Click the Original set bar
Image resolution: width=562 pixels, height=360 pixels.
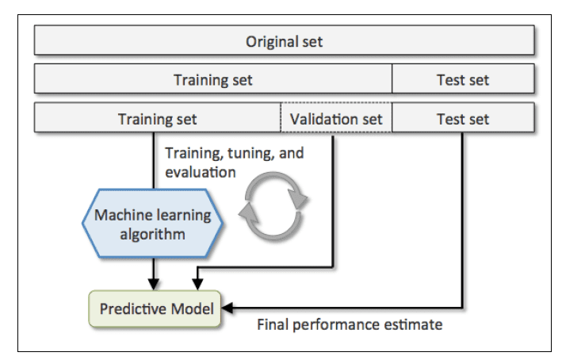coord(284,40)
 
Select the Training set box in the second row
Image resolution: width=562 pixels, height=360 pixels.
coord(213,79)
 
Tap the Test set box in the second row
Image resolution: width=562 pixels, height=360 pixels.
coord(463,79)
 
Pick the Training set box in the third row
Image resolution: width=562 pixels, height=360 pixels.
coord(157,119)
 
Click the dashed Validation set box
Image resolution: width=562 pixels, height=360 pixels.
coord(336,119)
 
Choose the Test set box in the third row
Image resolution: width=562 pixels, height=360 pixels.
coord(463,119)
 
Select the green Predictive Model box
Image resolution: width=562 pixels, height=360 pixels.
coord(157,308)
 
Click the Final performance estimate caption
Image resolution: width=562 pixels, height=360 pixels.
coord(350,324)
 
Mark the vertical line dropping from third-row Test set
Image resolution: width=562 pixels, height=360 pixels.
coord(462,214)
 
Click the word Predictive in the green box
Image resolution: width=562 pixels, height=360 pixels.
coord(128,308)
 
